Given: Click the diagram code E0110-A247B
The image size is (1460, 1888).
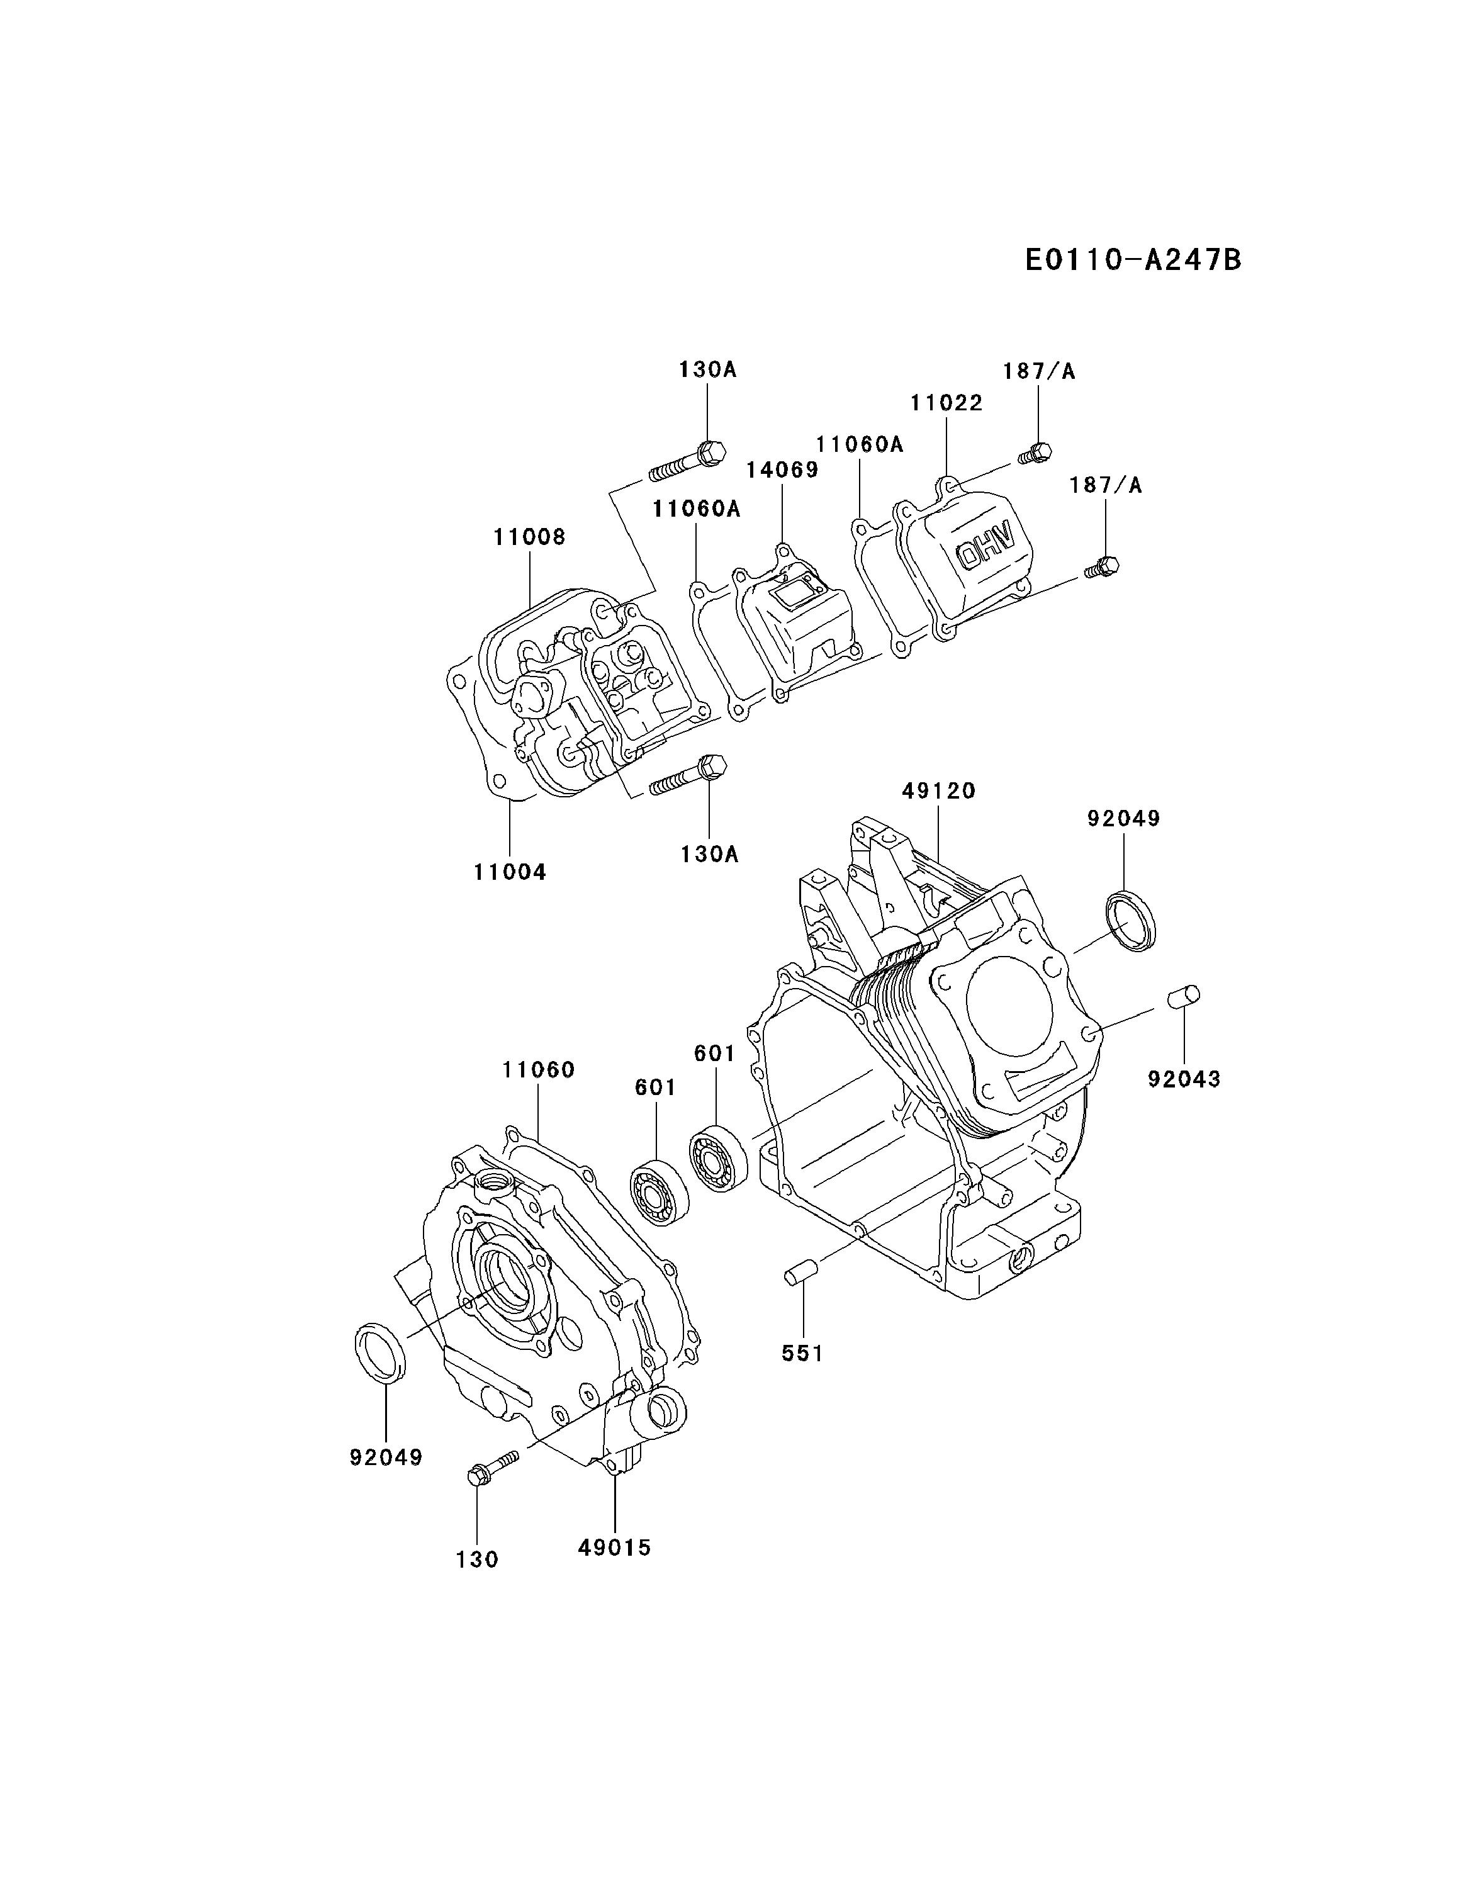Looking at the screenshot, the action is pyautogui.click(x=1132, y=259).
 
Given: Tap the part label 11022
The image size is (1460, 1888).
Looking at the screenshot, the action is pyautogui.click(x=946, y=403).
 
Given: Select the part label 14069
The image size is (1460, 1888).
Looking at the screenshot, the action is pyautogui.click(x=782, y=469).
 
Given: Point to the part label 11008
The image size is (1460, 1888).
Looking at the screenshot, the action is pyautogui.click(x=529, y=537).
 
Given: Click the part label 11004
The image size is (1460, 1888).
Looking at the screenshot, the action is pyautogui.click(x=510, y=872).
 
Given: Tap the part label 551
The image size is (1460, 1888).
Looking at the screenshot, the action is pyautogui.click(x=802, y=1353).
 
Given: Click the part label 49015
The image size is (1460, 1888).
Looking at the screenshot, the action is pyautogui.click(x=614, y=1548).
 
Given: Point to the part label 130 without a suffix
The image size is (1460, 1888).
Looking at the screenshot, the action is pyautogui.click(x=477, y=1559).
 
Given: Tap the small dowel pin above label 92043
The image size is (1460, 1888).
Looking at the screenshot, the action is pyautogui.click(x=1182, y=996).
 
